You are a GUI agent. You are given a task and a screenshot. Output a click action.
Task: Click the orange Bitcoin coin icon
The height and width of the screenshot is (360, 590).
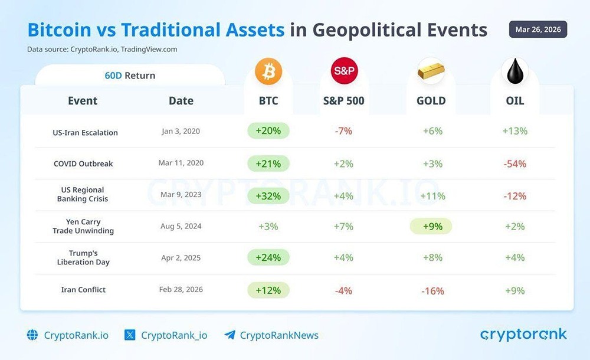(x=268, y=72)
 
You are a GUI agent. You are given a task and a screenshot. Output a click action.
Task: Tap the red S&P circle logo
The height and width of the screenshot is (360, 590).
(x=344, y=72)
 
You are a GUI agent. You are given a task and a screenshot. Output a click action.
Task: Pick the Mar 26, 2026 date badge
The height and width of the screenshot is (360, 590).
(x=537, y=30)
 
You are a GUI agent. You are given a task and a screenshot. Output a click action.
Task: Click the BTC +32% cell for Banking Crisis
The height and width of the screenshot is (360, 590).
(x=268, y=195)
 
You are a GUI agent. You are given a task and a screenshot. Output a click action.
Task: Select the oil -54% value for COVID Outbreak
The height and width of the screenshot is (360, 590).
(x=514, y=163)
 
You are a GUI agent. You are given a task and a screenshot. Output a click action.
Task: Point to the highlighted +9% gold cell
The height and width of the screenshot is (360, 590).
(x=431, y=226)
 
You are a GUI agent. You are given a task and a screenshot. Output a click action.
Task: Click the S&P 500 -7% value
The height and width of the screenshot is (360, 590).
(x=343, y=131)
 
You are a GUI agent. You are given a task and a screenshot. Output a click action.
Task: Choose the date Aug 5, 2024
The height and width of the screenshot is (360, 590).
(x=181, y=227)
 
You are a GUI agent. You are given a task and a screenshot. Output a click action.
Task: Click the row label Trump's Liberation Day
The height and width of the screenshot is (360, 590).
(x=83, y=258)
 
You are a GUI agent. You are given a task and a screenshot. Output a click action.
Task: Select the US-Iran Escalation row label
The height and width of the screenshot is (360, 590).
(x=85, y=133)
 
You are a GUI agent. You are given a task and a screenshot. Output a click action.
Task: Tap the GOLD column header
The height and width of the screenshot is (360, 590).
(x=431, y=101)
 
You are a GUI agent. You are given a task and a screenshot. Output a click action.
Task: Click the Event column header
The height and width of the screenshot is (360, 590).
(x=83, y=101)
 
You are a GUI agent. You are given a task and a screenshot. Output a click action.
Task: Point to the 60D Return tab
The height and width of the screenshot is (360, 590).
(x=129, y=76)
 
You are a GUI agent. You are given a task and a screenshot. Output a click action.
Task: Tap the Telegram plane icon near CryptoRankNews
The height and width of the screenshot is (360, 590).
(x=230, y=335)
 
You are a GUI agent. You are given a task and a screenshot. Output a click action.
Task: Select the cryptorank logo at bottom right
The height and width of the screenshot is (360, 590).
(x=523, y=335)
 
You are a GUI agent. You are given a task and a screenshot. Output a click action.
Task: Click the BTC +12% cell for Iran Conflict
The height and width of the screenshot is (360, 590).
(x=268, y=290)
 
